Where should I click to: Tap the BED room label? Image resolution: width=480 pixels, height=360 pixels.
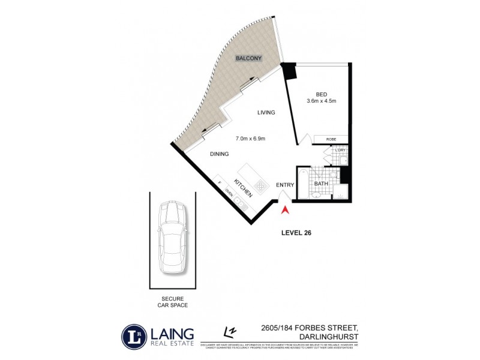321,93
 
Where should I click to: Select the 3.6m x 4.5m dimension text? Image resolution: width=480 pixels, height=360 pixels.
321,101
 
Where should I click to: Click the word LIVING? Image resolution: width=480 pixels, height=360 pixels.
266,113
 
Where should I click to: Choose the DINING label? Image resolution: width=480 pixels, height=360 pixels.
220,154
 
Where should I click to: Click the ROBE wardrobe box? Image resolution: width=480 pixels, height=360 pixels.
331,139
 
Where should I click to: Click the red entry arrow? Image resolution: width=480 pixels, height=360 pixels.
286,210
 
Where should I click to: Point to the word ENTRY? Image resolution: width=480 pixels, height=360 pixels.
284,185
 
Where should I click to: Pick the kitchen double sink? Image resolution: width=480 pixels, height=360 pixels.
242,204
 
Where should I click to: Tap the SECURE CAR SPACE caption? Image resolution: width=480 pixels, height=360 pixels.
172,302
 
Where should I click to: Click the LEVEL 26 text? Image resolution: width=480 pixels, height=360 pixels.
297,232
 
